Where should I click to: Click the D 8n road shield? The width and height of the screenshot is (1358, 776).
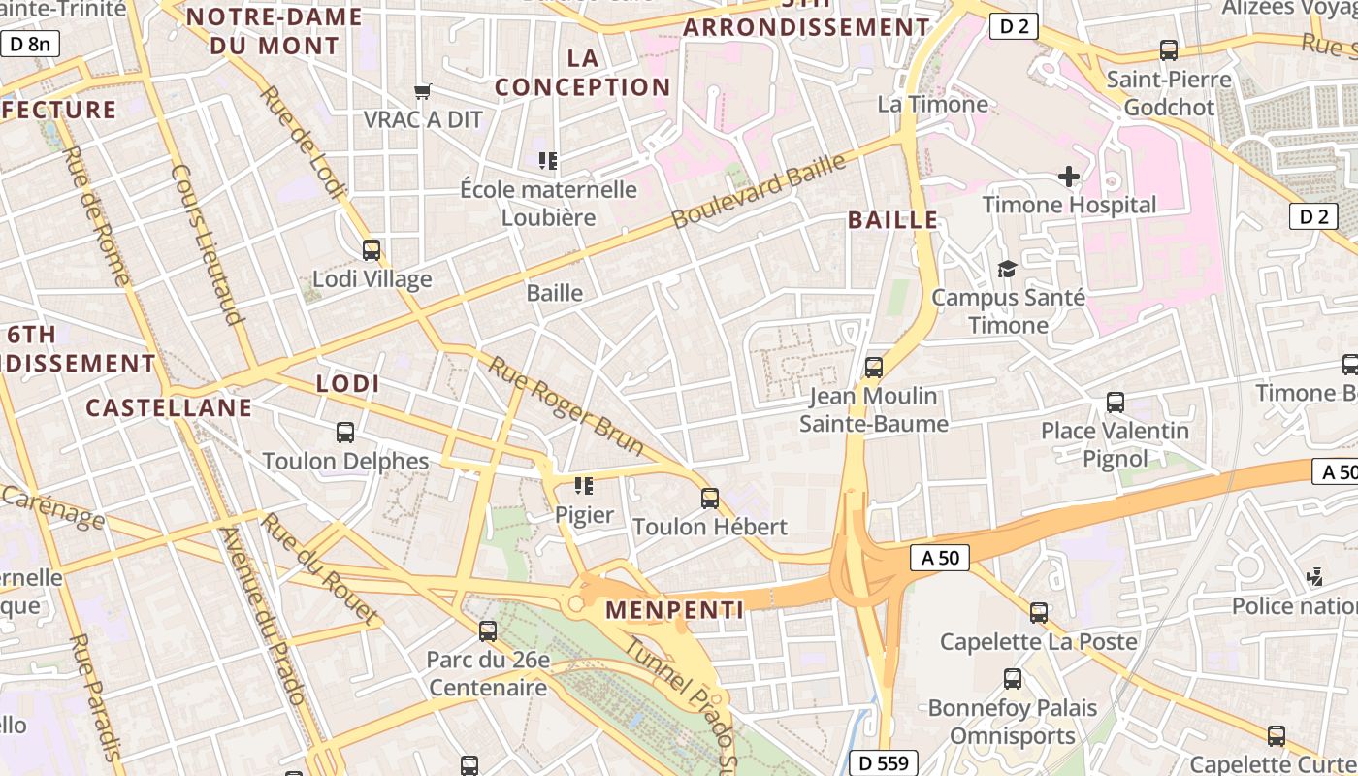click(30, 44)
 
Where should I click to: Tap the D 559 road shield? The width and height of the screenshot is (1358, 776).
click(883, 763)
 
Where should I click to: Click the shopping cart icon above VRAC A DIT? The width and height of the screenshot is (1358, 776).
click(422, 92)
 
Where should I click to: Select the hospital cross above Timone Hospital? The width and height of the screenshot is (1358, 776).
click(1068, 177)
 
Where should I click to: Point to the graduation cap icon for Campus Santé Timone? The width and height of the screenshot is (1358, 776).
click(1008, 269)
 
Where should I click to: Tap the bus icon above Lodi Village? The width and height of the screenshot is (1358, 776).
click(372, 250)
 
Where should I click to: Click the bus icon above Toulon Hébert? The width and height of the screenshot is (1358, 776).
click(710, 499)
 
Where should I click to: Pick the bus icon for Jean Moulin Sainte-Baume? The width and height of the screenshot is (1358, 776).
click(874, 368)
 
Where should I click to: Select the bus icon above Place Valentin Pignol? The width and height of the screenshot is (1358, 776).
click(1115, 403)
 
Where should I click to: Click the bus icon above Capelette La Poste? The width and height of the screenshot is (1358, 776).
click(1039, 613)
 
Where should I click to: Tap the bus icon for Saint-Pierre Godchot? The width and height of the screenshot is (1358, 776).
click(1169, 50)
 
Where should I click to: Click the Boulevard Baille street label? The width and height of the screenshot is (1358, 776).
click(759, 191)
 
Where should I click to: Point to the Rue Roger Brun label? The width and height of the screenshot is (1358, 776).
click(566, 406)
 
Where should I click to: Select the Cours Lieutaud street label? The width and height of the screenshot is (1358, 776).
click(207, 243)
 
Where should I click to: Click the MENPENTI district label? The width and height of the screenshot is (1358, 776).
click(675, 610)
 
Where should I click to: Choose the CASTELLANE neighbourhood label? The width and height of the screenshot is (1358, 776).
click(169, 407)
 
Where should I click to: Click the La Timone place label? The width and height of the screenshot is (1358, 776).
click(933, 104)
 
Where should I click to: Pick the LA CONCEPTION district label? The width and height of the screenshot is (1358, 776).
click(583, 73)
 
